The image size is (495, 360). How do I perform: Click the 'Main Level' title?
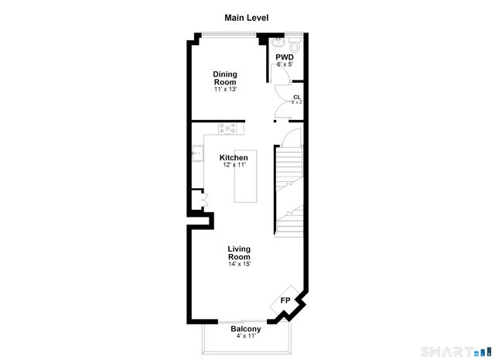pos(247,17)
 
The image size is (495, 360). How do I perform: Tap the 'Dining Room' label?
pos(225,78)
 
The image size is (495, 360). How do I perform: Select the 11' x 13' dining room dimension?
pos(225,89)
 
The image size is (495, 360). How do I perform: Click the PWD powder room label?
pos(284,57)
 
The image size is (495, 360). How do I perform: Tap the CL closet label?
pos(297,97)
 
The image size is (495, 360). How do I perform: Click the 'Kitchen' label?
pos(234,158)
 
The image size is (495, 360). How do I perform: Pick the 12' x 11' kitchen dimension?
pos(234,166)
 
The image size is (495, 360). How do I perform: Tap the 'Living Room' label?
pos(239,253)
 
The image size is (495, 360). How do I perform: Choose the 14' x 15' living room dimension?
pos(239,265)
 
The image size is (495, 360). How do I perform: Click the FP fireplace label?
pos(285,300)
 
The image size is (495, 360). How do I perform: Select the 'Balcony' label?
pos(245,328)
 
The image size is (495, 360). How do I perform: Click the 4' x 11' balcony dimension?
pos(245,336)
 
